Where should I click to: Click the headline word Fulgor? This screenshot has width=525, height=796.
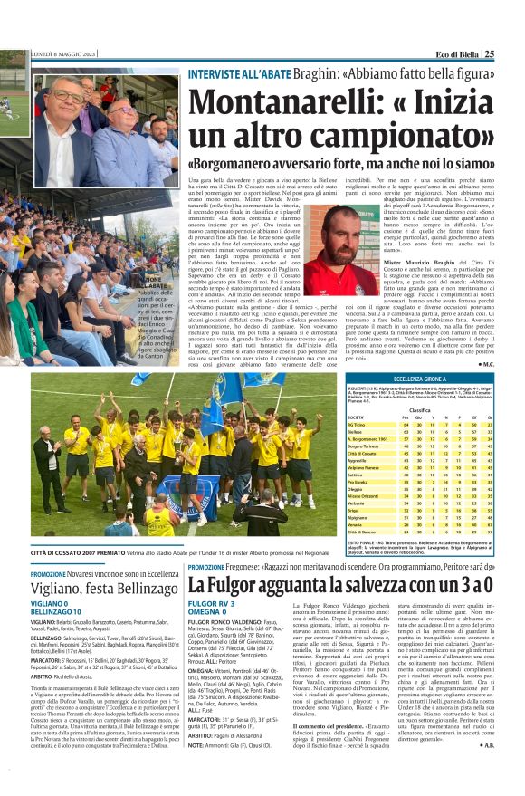(240, 585)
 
